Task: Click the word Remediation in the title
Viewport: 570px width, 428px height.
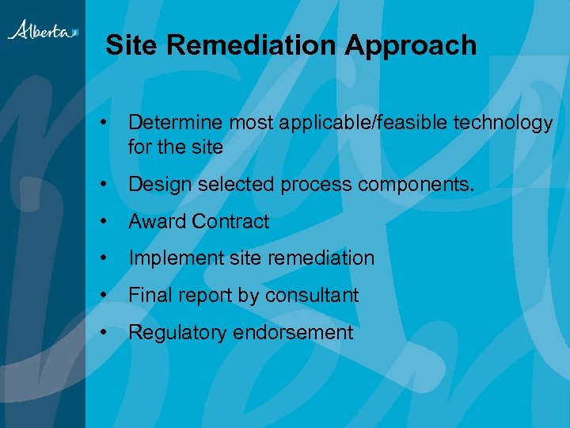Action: tap(252, 45)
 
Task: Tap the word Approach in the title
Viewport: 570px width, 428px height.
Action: tap(410, 45)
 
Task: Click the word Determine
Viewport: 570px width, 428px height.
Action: tap(175, 123)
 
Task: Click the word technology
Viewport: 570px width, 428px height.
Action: tap(503, 123)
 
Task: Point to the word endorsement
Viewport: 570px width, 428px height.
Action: tap(293, 333)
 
